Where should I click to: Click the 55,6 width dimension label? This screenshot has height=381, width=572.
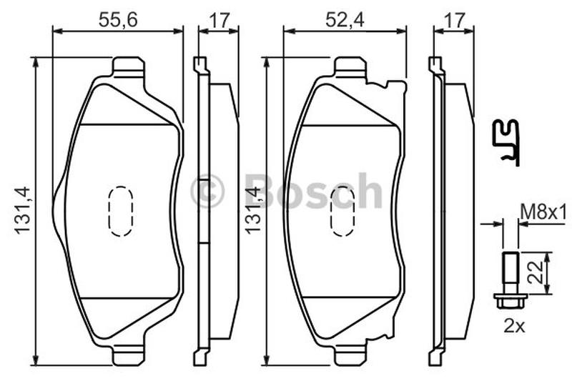pos(118,20)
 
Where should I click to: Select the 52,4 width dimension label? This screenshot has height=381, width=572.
pos(345,20)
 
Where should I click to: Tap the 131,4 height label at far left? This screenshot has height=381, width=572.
pos(22,209)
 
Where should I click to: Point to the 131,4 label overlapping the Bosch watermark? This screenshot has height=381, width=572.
pos(253,209)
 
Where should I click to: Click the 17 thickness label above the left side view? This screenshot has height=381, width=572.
pos(220,20)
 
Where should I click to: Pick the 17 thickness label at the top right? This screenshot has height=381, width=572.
pos(455,20)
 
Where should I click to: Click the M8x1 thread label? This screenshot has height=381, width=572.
pos(543,212)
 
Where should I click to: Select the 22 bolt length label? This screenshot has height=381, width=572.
pos(536,272)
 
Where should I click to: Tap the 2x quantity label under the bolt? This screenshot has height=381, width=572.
pos(514,325)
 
